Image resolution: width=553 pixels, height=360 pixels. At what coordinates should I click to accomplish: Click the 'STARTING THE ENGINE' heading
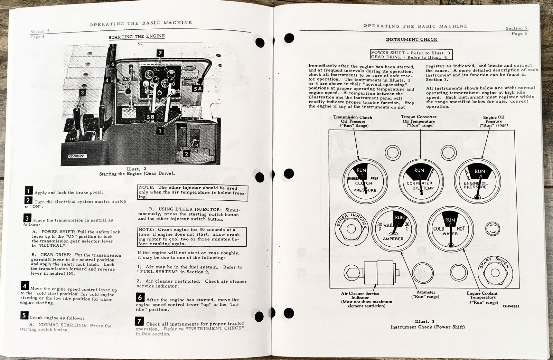click(x=137, y=37)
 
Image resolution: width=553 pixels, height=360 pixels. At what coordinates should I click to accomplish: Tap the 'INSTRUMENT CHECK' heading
click(x=411, y=40)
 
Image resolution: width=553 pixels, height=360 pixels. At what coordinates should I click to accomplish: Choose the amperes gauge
click(x=393, y=229)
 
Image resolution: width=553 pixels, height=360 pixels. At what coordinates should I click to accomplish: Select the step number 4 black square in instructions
click(x=25, y=286)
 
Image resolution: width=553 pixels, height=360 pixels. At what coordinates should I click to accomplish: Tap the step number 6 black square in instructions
click(x=140, y=297)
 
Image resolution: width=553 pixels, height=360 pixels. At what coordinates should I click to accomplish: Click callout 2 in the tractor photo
click(x=186, y=154)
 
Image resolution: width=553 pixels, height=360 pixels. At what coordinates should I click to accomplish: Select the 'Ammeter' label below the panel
click(x=426, y=292)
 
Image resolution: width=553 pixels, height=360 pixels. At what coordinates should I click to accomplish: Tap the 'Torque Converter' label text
click(x=419, y=117)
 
